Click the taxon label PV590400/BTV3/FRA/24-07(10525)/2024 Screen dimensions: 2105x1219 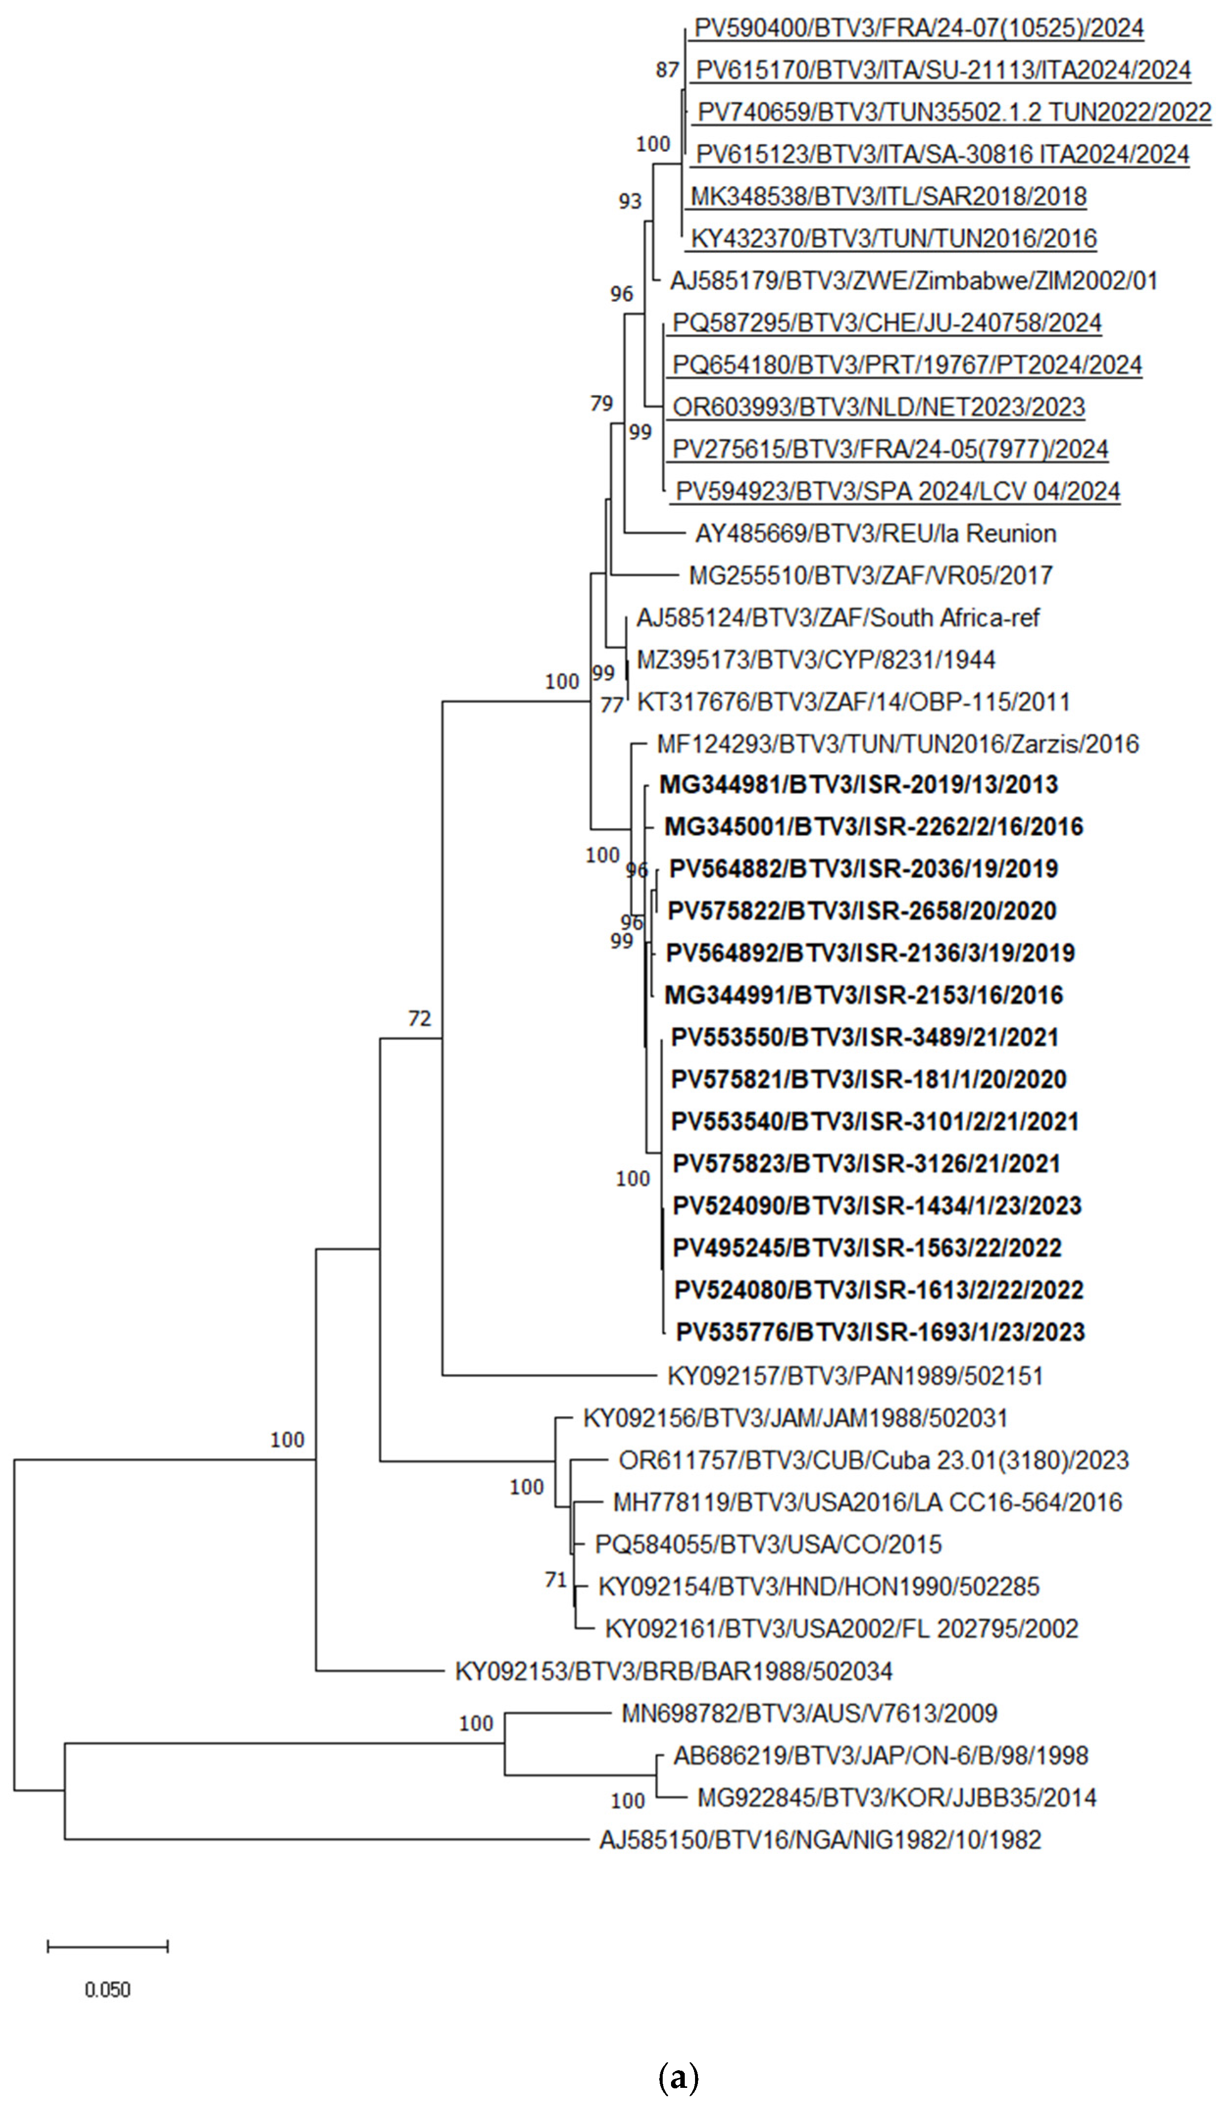click(918, 28)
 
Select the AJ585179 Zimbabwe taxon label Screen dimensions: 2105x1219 click(913, 281)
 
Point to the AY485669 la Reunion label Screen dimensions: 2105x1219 click(875, 534)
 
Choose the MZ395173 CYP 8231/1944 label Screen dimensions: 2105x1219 click(816, 661)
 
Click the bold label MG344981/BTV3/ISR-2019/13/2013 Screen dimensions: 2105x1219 click(858, 785)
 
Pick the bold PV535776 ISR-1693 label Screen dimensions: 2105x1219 click(880, 1332)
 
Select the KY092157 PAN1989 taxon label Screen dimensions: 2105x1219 click(855, 1376)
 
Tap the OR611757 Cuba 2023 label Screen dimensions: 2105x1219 click(873, 1460)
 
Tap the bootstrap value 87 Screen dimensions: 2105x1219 click(667, 70)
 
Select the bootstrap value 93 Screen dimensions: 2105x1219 click(630, 201)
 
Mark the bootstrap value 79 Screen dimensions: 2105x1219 click(601, 404)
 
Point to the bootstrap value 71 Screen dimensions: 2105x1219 click(556, 1580)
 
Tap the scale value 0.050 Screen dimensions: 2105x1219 click(108, 1990)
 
